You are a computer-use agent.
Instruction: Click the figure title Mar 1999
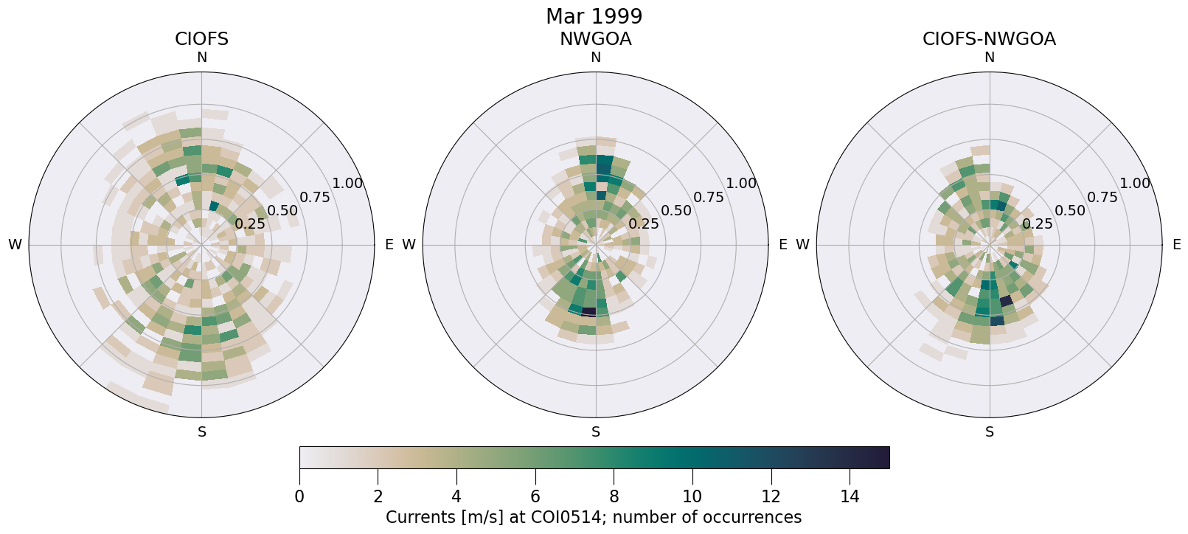point(594,16)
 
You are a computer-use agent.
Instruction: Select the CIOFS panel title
point(201,39)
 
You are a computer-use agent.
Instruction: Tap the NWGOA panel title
point(595,39)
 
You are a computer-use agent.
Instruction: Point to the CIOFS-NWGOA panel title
point(989,39)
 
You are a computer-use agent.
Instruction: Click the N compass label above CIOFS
point(201,58)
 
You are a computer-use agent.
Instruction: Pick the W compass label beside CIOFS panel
point(15,245)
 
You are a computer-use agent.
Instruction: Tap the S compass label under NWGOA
point(595,432)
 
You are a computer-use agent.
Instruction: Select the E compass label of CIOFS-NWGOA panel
point(1176,245)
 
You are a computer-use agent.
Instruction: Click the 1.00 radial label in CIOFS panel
point(347,184)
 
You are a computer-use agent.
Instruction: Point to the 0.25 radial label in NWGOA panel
point(644,224)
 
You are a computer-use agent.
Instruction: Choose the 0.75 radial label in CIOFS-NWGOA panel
point(1102,197)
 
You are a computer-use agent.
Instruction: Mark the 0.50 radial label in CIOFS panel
point(282,211)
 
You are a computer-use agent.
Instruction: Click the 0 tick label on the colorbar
point(299,497)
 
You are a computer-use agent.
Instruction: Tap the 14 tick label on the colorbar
point(850,497)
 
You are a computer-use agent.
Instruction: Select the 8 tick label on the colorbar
point(614,497)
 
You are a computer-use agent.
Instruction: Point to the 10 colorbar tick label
point(692,497)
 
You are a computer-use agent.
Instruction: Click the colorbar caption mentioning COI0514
point(594,518)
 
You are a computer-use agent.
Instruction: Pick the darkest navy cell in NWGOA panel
point(588,312)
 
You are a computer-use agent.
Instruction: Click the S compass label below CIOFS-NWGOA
point(989,432)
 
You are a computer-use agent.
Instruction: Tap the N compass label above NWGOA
point(595,58)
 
